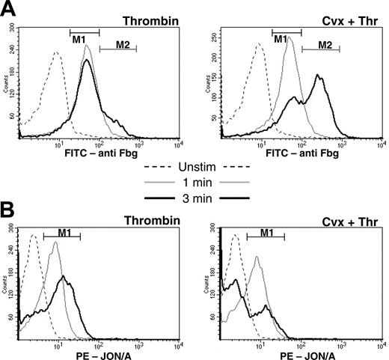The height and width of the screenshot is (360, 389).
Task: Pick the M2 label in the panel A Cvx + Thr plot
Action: [325, 44]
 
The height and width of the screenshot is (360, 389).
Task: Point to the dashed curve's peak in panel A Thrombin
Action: [57, 52]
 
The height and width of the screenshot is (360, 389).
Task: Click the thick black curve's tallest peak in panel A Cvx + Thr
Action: [319, 75]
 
